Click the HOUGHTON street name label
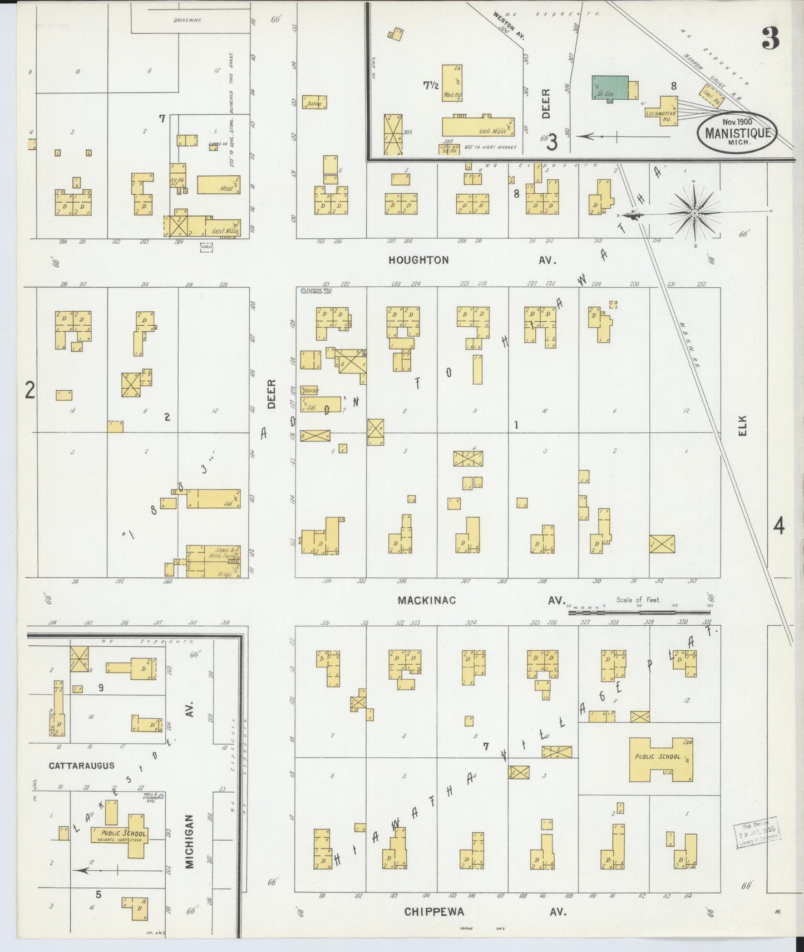(418, 260)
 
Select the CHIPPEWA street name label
(434, 912)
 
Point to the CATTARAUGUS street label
(81, 766)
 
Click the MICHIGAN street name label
(190, 841)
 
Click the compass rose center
(695, 213)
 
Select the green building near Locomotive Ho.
(610, 88)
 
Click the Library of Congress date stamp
(759, 834)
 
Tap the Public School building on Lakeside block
(127, 833)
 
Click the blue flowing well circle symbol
(303, 291)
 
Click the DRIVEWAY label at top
(187, 20)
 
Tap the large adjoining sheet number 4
(779, 526)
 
